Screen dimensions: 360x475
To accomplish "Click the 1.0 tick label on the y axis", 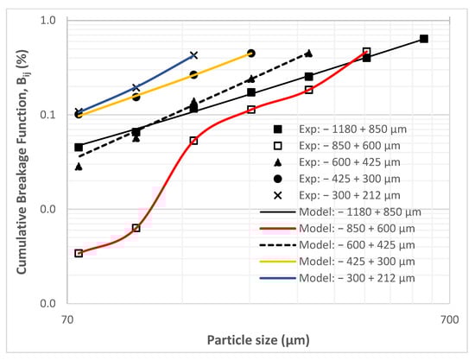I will coord(49,21).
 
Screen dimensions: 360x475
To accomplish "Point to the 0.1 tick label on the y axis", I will coord(49,115).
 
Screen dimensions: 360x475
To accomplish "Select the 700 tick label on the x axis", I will coord(448,319).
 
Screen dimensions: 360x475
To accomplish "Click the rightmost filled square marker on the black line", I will coord(424,39).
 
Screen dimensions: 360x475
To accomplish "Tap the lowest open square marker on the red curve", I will coord(79,253).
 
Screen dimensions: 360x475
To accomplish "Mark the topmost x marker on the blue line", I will coord(193,55).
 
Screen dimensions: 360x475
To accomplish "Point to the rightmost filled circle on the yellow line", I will coord(251,54).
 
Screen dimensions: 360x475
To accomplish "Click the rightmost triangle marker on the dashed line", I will coord(309,54).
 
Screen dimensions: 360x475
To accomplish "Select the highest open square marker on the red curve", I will coord(366,52).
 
